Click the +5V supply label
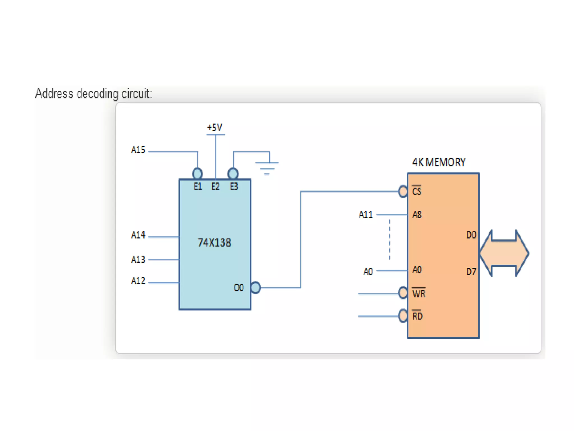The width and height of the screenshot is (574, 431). [214, 127]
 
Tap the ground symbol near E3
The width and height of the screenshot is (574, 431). [267, 168]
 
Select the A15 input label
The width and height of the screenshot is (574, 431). [138, 150]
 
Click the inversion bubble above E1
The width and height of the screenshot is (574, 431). [197, 173]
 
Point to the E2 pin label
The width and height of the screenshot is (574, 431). [216, 186]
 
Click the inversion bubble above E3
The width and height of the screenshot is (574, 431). [233, 173]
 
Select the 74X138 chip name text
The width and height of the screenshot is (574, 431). [214, 243]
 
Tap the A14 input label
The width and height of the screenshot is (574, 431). [138, 235]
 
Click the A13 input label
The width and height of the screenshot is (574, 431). [138, 259]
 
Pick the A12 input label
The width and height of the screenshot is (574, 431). [138, 281]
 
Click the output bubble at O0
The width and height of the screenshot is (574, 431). [255, 288]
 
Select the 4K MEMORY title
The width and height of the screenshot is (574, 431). [439, 162]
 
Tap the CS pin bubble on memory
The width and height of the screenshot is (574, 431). [403, 191]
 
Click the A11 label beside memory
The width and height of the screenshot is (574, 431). [366, 215]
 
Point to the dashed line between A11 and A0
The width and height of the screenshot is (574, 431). [390, 240]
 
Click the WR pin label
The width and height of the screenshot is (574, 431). [419, 294]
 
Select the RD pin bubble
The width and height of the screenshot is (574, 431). [403, 316]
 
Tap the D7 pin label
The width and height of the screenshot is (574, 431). [471, 272]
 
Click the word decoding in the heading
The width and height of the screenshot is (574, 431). [97, 94]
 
